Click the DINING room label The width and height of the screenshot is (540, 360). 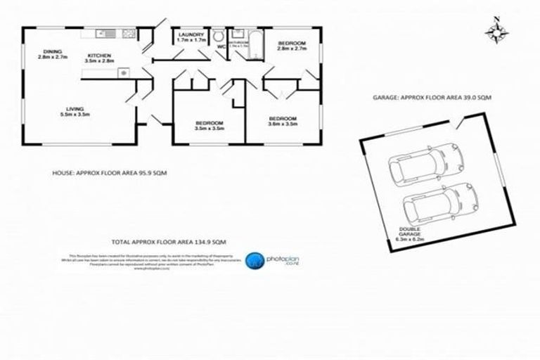click(52, 55)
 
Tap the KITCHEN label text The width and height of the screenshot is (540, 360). click(99, 59)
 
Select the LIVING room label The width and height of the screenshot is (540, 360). click(73, 111)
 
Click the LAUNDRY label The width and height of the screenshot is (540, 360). click(191, 38)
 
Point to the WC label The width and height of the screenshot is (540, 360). click(220, 47)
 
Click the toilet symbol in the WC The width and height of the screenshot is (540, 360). click(219, 37)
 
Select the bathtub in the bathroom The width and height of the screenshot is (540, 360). click(255, 43)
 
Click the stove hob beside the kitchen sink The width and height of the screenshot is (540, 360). click(128, 32)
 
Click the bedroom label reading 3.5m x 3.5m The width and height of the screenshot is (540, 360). click(209, 127)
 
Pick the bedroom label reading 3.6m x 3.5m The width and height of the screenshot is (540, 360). click(282, 121)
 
